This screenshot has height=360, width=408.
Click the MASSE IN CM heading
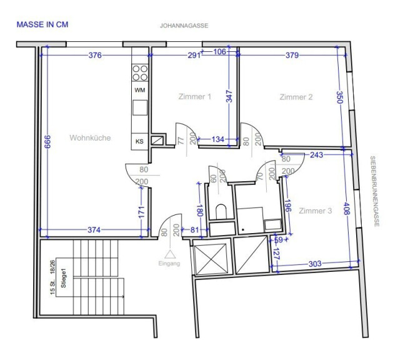(x=42, y=24)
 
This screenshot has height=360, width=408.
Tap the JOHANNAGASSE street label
(x=184, y=26)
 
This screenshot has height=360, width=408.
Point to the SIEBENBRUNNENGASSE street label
(x=375, y=191)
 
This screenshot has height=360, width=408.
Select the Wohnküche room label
(x=90, y=137)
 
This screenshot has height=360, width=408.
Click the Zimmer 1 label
(x=195, y=97)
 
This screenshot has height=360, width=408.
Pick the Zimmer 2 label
(x=296, y=97)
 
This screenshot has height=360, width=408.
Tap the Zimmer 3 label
(x=315, y=211)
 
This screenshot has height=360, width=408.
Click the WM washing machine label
(x=140, y=91)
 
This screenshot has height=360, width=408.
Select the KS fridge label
(x=139, y=141)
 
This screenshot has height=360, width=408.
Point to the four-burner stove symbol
(x=140, y=73)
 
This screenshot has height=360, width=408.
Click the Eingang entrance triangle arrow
(x=170, y=254)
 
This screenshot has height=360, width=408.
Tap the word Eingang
(x=169, y=263)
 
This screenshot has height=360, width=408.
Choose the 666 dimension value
(x=47, y=142)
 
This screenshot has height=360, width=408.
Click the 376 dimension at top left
(x=95, y=55)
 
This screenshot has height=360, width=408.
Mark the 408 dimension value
(x=346, y=209)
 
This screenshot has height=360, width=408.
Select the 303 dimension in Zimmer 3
(x=315, y=264)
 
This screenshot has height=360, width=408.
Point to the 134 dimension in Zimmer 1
(x=218, y=139)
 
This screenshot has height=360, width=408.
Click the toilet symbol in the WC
(x=221, y=211)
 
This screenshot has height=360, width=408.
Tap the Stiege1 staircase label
(x=63, y=278)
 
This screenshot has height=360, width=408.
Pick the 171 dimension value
(x=141, y=212)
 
